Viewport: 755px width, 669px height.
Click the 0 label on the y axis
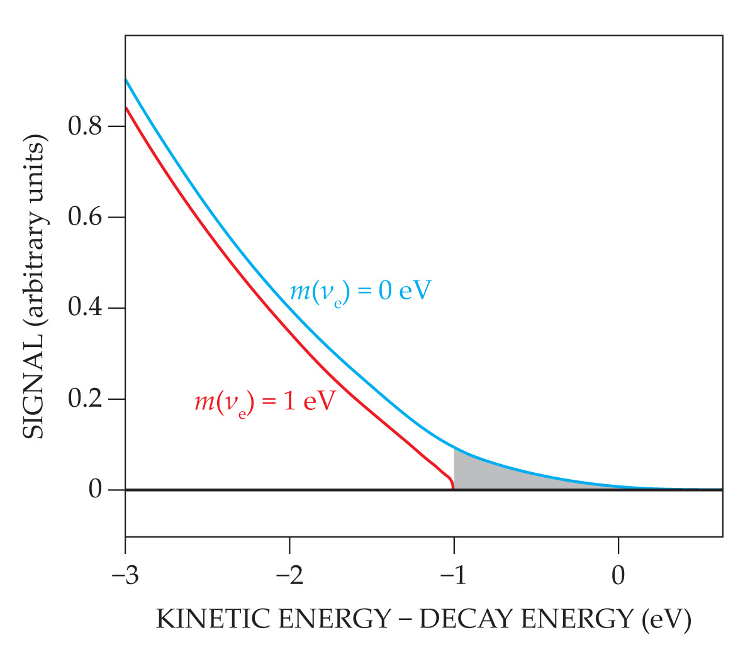(x=95, y=489)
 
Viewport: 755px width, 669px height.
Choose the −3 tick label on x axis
(x=124, y=575)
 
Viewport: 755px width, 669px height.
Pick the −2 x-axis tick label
(x=289, y=575)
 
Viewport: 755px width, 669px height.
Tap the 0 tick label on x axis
(x=618, y=575)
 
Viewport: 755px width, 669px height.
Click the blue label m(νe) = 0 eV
(x=360, y=292)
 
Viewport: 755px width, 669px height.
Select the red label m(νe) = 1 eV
(x=264, y=401)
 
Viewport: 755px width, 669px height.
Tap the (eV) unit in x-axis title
(x=667, y=619)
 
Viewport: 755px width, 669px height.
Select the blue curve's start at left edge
(x=126, y=80)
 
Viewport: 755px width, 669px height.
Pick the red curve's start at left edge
(x=126, y=108)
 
